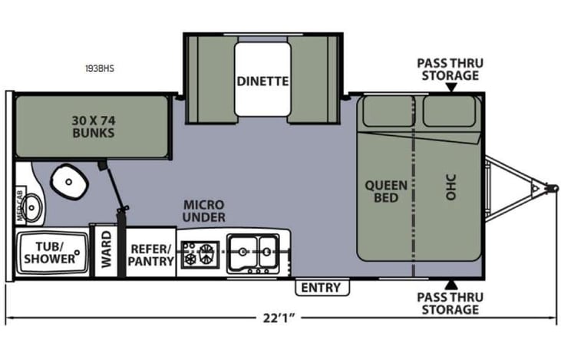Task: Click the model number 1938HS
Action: [x=100, y=68]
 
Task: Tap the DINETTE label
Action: [x=262, y=80]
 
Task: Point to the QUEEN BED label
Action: [x=381, y=191]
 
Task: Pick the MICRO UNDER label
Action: [x=203, y=211]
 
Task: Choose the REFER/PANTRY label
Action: [x=152, y=255]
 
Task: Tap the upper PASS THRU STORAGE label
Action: [x=448, y=69]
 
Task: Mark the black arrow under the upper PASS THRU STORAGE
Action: [x=451, y=88]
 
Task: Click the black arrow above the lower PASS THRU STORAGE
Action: [x=451, y=285]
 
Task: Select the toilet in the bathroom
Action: [x=71, y=181]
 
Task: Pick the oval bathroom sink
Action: [x=33, y=206]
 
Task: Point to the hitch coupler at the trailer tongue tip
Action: [x=549, y=187]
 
